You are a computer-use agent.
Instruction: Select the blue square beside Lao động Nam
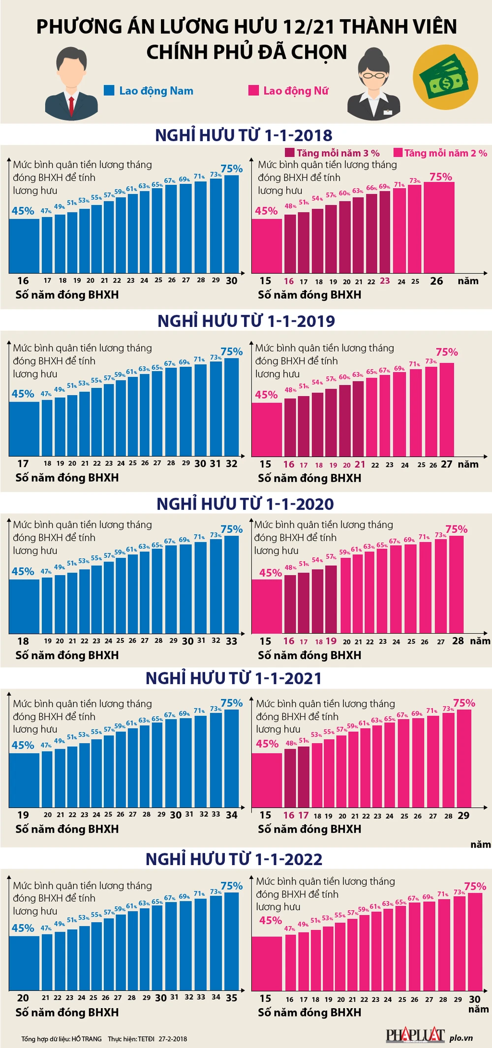[x=109, y=90]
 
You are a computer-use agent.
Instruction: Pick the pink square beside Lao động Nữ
[x=253, y=90]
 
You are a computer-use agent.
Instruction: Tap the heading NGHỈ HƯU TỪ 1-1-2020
[x=245, y=504]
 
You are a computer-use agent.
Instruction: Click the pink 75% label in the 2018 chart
[x=440, y=177]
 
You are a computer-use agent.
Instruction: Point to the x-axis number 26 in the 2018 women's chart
[x=436, y=281]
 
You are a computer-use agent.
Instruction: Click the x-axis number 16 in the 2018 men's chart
[x=23, y=281]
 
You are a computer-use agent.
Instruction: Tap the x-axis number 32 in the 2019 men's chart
[x=232, y=464]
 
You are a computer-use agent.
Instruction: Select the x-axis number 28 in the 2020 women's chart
[x=458, y=641]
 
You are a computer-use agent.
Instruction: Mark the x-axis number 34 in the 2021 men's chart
[x=232, y=815]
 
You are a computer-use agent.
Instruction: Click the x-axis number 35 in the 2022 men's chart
[x=232, y=998]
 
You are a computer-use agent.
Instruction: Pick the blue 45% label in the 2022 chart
[x=23, y=928]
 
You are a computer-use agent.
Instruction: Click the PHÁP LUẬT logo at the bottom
[x=415, y=1035]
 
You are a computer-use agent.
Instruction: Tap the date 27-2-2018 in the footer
[x=173, y=1039]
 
